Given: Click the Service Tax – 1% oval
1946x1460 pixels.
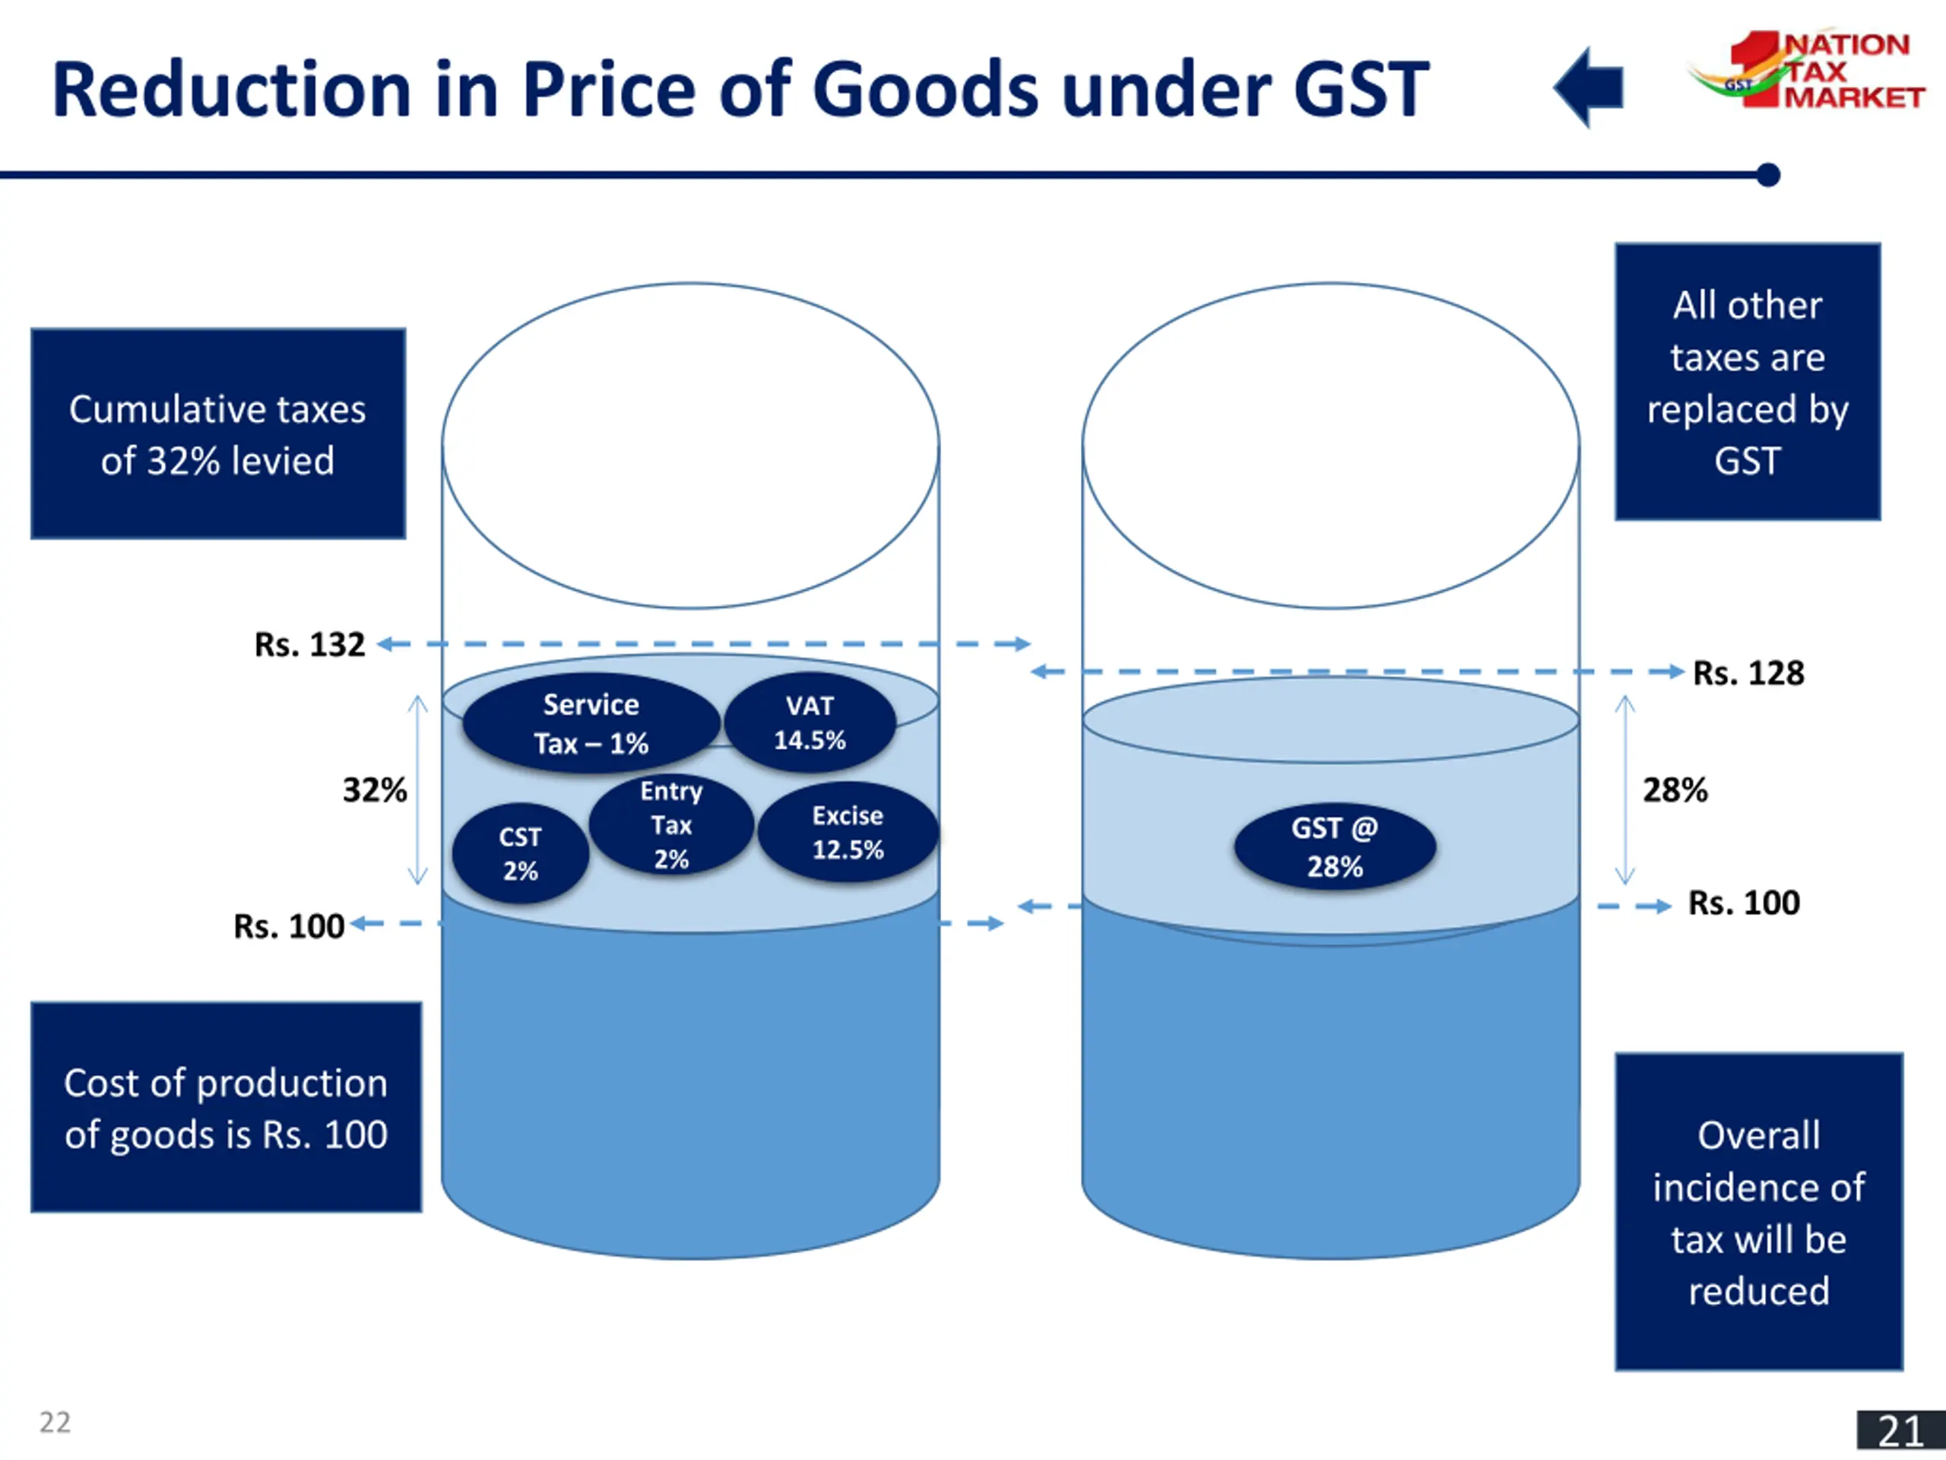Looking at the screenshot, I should click(x=591, y=723).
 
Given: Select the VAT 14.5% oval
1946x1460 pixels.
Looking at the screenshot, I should click(x=810, y=722).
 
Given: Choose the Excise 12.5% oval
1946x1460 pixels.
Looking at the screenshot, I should click(x=848, y=833).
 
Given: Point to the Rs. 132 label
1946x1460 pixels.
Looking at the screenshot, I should click(x=309, y=645).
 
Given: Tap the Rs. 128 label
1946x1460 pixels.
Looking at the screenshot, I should click(x=1748, y=673).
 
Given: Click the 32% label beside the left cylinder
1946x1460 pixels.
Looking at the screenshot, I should click(x=375, y=790).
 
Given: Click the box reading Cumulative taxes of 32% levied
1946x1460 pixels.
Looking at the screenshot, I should click(x=218, y=434).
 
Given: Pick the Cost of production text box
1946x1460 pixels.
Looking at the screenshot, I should click(x=226, y=1108).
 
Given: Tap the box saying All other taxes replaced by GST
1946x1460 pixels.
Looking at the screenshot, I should click(x=1747, y=382).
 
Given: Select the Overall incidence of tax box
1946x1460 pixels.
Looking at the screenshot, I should click(x=1758, y=1212).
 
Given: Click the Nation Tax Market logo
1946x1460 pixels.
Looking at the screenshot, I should click(x=1808, y=71).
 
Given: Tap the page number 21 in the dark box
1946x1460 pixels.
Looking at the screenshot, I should click(x=1900, y=1431).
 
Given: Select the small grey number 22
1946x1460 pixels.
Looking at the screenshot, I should click(x=55, y=1422).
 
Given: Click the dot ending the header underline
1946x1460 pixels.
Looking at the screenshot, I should click(x=1768, y=175).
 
